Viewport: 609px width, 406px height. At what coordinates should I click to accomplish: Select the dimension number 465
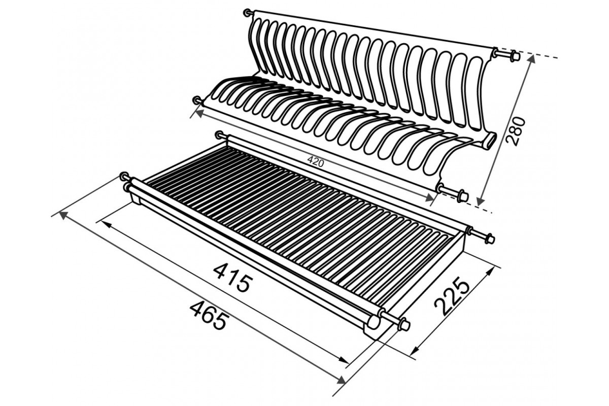tap(209, 316)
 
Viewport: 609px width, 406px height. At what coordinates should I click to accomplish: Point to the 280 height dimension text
tap(516, 131)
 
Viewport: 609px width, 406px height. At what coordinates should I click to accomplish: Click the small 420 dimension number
tap(316, 162)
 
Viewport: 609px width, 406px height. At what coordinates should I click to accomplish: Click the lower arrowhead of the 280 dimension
tap(481, 201)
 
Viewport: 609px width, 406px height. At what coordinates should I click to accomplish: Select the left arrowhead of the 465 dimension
tap(63, 215)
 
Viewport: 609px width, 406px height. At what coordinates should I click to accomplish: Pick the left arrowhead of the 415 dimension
tap(106, 224)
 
